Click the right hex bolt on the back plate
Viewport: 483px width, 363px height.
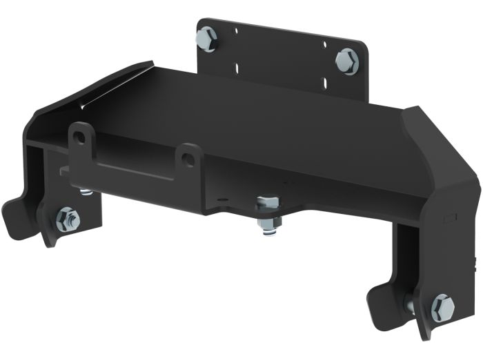click(x=347, y=61)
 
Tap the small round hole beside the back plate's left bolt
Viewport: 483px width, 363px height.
click(x=235, y=31)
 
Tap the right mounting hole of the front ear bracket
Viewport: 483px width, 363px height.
click(x=187, y=157)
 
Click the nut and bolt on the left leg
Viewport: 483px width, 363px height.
click(x=68, y=219)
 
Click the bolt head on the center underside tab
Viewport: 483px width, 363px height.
click(x=268, y=204)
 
